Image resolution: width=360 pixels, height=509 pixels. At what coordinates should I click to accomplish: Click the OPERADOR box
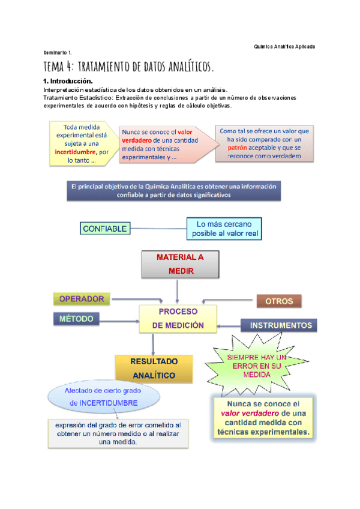[x=82, y=299]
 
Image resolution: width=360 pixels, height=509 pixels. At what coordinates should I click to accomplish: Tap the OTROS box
[x=279, y=300]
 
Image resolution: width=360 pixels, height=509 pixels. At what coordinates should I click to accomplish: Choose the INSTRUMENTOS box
[x=281, y=325]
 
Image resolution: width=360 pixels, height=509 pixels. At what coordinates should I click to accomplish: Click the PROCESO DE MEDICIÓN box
[x=178, y=319]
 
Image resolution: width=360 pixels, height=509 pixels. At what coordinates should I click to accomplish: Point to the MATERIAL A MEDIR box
[x=180, y=264]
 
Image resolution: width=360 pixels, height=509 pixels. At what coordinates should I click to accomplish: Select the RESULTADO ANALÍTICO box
[x=154, y=369]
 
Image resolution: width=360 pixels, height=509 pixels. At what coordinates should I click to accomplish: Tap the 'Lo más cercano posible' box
[x=224, y=228]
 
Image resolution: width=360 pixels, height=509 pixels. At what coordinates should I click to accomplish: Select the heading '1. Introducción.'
[x=68, y=80]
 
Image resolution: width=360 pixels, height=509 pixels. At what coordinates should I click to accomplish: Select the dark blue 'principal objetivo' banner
[x=174, y=190]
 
